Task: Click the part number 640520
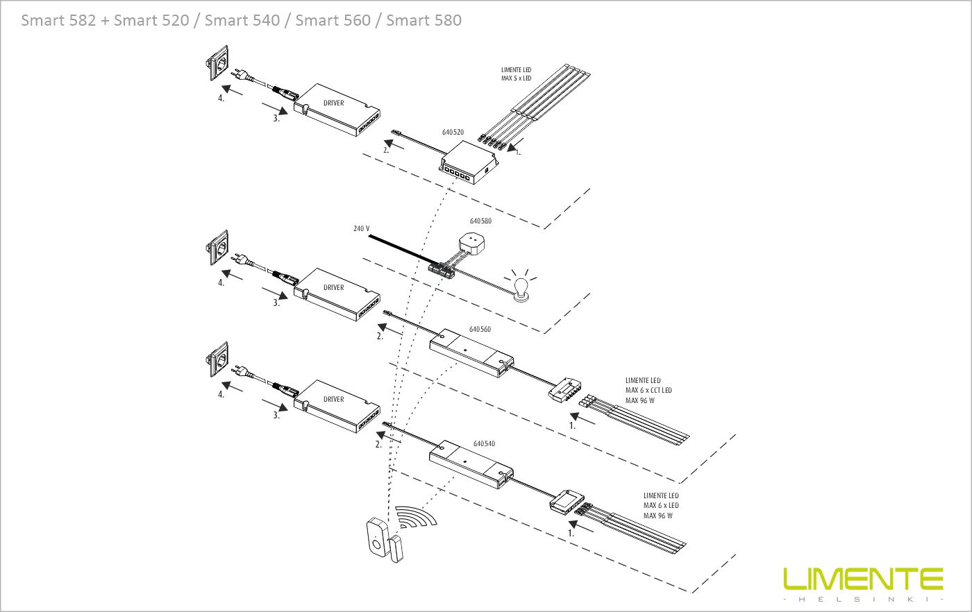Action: pyautogui.click(x=453, y=132)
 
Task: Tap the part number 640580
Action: pyautogui.click(x=480, y=221)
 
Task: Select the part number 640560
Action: pyautogui.click(x=480, y=329)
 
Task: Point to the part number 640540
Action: pyautogui.click(x=484, y=443)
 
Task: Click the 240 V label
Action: pyautogui.click(x=361, y=228)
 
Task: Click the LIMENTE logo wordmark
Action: pyautogui.click(x=863, y=579)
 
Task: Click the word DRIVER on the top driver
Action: pyautogui.click(x=333, y=103)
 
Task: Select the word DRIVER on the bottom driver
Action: pyautogui.click(x=333, y=400)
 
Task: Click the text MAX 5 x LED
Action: pyautogui.click(x=516, y=78)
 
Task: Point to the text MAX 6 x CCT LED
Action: pyautogui.click(x=648, y=391)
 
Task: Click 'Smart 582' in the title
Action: pyautogui.click(x=58, y=20)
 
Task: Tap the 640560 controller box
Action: pyautogui.click(x=472, y=352)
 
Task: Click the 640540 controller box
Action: pyautogui.click(x=471, y=466)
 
